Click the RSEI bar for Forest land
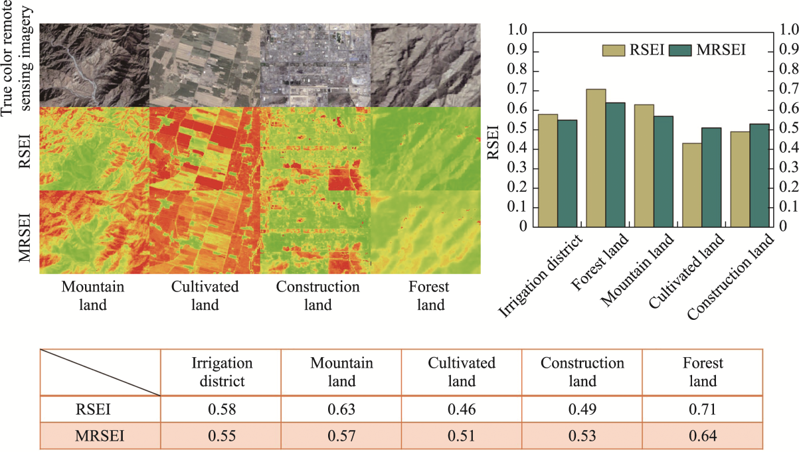click(596, 158)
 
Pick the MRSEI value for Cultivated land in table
click(462, 437)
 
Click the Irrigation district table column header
click(221, 372)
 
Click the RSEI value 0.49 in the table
click(582, 410)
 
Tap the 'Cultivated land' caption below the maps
click(205, 296)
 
